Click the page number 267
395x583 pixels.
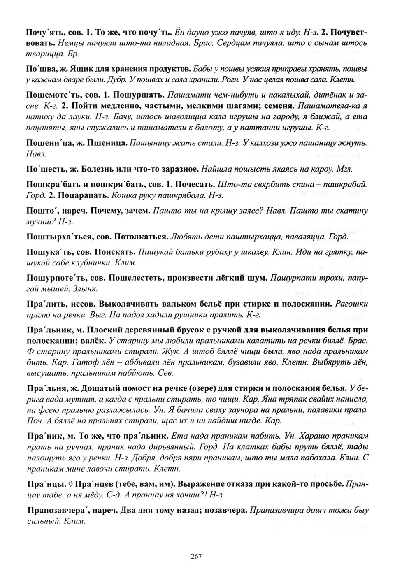pos(196,557)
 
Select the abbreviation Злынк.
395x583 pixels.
pos(85,288)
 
